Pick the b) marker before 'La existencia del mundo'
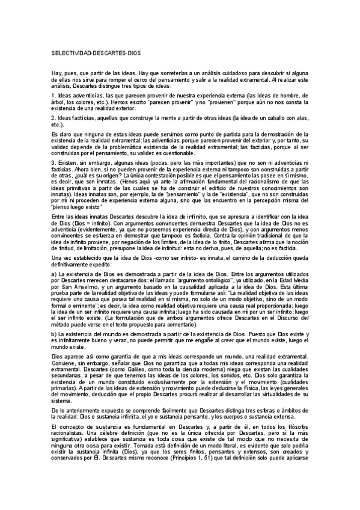[x=54, y=333]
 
